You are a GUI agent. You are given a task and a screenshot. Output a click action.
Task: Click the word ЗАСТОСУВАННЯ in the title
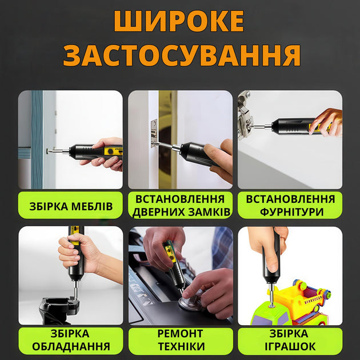click(x=181, y=55)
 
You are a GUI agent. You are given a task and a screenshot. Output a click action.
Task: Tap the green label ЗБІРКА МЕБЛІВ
click(x=70, y=206)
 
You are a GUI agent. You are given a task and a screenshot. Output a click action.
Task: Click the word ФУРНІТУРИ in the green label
click(x=290, y=212)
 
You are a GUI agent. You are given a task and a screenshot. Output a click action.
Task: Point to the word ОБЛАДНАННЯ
click(x=70, y=347)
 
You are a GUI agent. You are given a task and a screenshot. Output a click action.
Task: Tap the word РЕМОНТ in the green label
click(x=180, y=333)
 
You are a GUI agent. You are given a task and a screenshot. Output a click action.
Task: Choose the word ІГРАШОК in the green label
click(x=290, y=347)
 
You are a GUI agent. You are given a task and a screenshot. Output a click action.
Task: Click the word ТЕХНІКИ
click(x=180, y=347)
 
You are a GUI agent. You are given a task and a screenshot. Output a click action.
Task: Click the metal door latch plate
click(x=154, y=133)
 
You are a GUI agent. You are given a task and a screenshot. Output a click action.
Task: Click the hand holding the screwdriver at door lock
click(x=220, y=160)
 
